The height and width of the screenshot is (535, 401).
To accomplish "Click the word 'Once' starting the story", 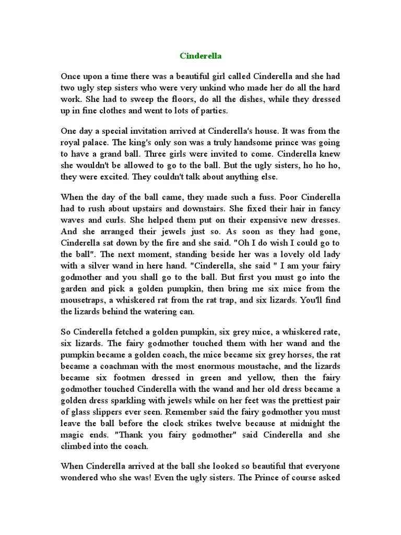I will coord(71,75).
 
